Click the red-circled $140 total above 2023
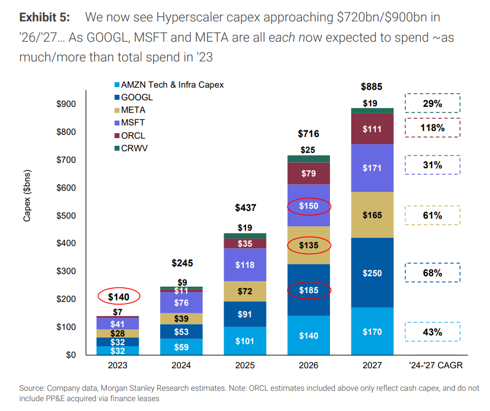tap(119, 296)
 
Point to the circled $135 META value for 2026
tap(309, 245)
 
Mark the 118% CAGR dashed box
tap(432, 128)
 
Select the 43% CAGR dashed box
tap(432, 332)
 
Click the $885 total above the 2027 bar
tap(371, 87)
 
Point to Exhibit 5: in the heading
tap(45, 17)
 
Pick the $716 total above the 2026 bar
tap(309, 134)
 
